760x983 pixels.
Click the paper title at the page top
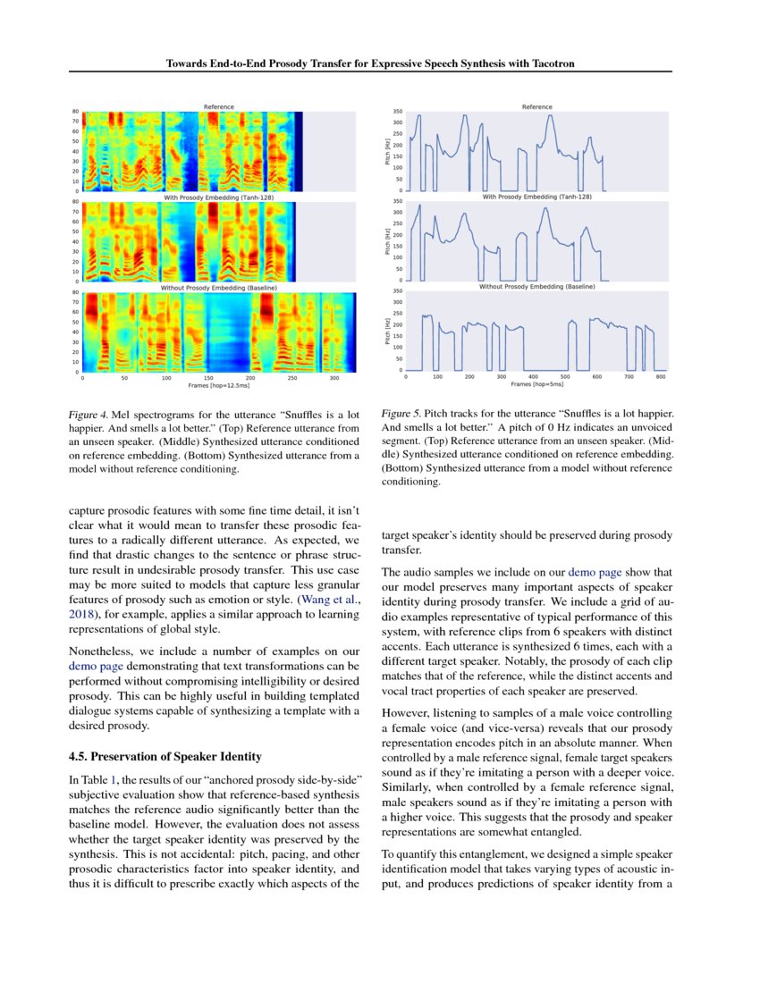379,63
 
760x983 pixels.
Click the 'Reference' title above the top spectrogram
218,107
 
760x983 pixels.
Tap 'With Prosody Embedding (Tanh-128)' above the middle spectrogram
218,197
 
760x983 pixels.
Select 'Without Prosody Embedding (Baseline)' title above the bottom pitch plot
536,287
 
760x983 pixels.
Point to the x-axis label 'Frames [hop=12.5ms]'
218,386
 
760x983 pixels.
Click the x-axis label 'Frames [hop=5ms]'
536,384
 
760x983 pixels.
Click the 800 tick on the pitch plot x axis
661,377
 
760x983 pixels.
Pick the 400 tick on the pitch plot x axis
533,377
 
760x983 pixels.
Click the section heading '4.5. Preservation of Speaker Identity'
165,756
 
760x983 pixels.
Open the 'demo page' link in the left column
94,666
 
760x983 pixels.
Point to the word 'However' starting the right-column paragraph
407,714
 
